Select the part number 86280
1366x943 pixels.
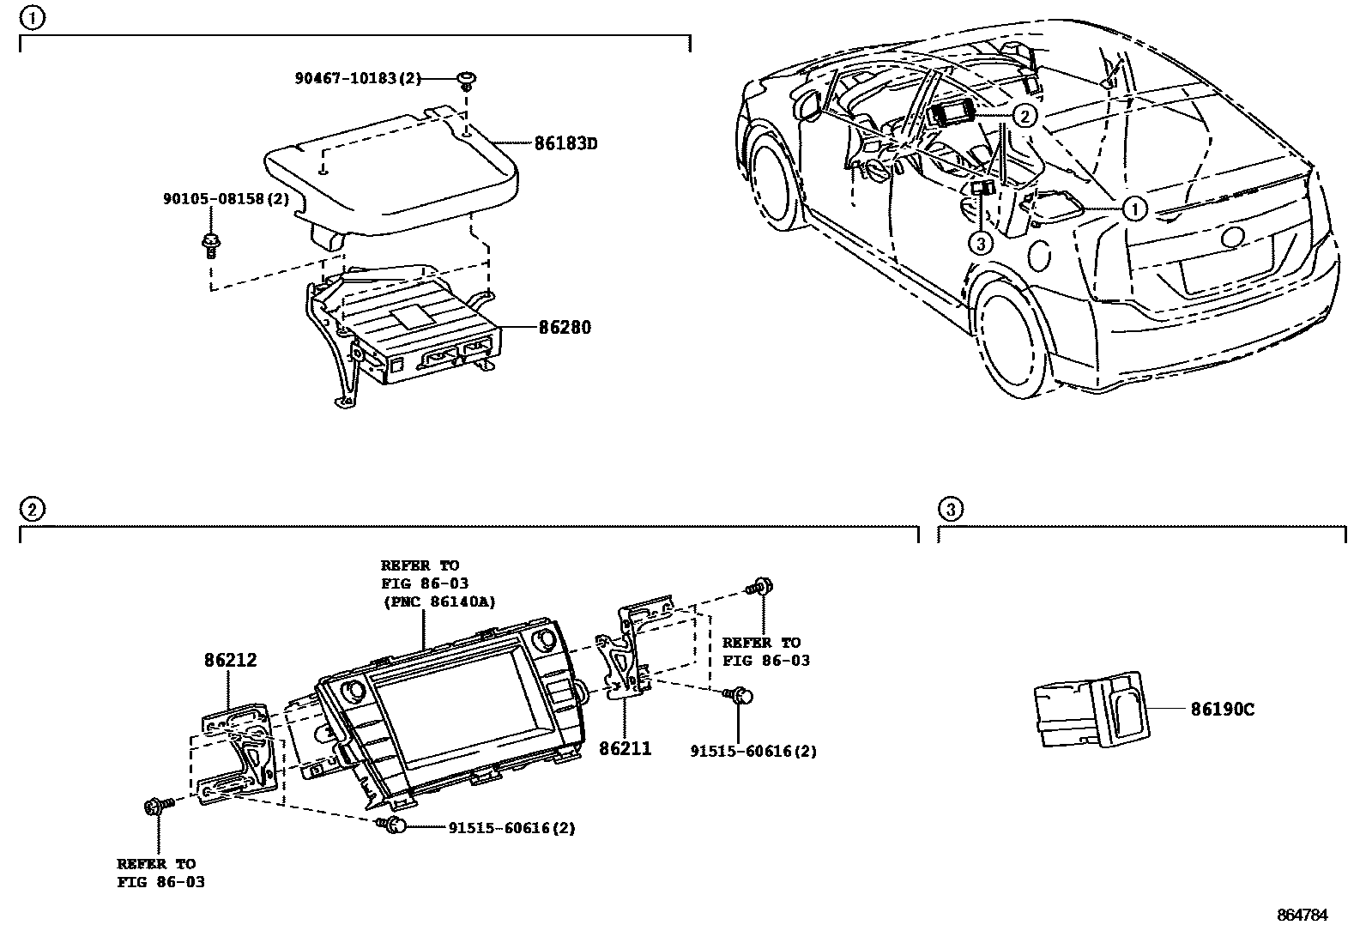coord(565,327)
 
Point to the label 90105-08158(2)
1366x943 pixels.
coord(226,198)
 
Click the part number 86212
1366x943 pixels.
coord(230,660)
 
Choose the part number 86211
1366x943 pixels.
coord(625,748)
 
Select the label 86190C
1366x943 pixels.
coord(1222,710)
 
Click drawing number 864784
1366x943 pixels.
coord(1302,915)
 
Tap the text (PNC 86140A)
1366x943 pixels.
coord(438,601)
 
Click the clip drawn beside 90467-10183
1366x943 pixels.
coord(467,80)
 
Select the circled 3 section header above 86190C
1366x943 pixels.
coord(949,509)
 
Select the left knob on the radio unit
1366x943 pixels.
coord(352,692)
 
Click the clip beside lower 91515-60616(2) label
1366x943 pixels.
coord(393,825)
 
